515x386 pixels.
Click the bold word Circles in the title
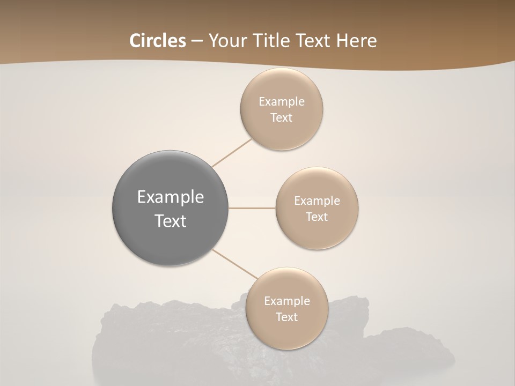[157, 41]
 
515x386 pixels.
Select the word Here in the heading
[356, 41]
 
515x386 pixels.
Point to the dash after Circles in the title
[197, 41]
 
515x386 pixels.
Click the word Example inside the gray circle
[171, 197]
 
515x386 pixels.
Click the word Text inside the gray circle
[171, 221]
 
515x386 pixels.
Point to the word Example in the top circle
[282, 102]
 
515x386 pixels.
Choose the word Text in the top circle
[281, 118]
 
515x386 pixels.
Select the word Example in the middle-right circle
[317, 201]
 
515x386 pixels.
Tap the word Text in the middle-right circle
[317, 217]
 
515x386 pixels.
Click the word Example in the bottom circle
[287, 301]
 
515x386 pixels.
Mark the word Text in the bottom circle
[286, 317]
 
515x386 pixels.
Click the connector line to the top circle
[231, 152]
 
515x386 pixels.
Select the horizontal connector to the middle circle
[252, 208]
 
